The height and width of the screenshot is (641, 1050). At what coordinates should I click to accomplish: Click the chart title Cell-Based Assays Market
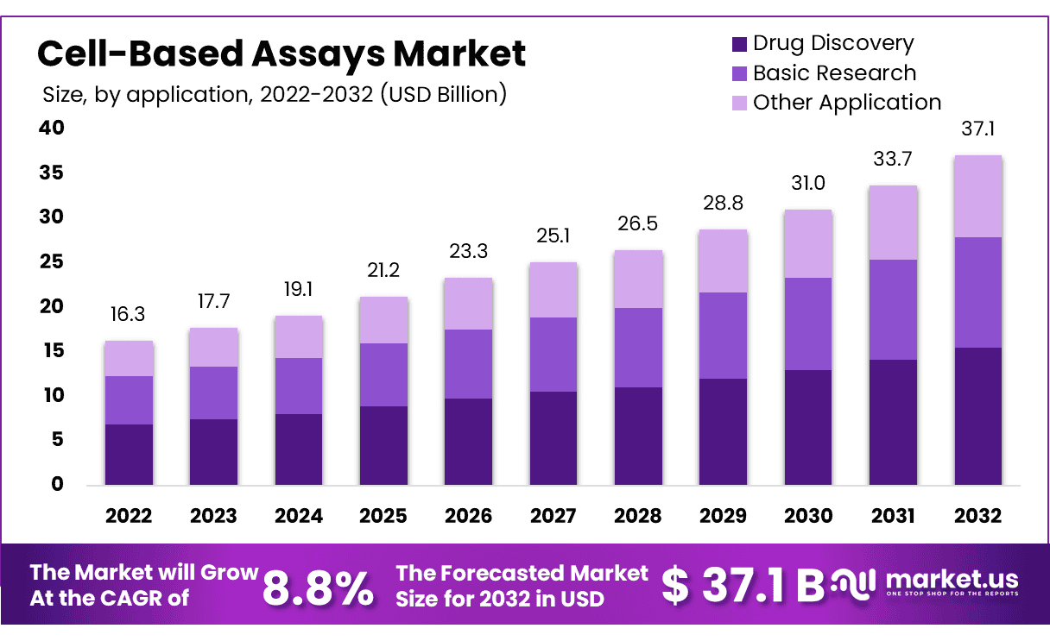point(281,54)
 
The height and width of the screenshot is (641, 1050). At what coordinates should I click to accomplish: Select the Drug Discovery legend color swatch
point(739,43)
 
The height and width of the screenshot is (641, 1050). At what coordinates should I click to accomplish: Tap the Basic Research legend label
point(834,73)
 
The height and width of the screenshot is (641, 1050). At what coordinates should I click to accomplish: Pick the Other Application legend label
point(846,103)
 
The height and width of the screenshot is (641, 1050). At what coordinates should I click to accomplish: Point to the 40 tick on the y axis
point(52,128)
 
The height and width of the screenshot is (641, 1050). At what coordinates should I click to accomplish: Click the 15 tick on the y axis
point(52,350)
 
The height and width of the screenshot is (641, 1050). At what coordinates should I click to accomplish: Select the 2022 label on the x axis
point(129,516)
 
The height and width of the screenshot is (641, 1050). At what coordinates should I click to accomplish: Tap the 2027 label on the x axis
point(553,516)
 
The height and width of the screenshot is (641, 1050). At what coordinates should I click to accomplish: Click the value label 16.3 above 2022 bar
point(129,316)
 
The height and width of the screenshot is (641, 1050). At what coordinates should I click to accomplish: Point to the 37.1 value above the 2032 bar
point(977,130)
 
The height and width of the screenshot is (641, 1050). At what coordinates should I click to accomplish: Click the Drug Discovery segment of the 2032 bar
point(977,416)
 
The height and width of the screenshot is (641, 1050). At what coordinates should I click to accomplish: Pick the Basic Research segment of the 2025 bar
point(383,374)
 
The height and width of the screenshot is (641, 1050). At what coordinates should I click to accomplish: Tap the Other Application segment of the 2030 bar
point(808,243)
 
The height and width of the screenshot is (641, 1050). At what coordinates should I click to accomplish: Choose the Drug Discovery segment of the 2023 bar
point(213,451)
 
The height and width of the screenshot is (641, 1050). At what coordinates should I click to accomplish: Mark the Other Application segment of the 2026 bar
point(468,304)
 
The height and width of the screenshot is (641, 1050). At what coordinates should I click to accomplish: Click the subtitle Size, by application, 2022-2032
point(275,94)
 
